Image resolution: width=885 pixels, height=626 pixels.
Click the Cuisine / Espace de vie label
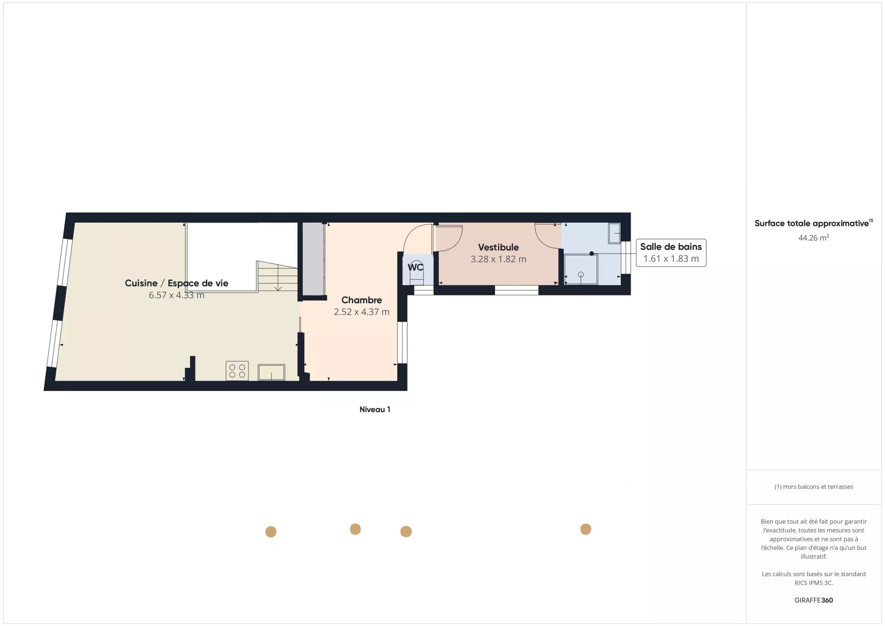(177, 283)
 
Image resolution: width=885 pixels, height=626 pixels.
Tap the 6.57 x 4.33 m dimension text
(177, 295)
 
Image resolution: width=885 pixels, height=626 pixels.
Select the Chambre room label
(361, 300)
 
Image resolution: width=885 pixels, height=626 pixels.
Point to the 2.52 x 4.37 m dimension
(361, 312)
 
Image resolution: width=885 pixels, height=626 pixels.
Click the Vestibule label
(498, 248)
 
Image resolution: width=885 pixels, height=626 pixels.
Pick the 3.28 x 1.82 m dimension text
(498, 259)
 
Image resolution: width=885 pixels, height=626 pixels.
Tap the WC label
(415, 267)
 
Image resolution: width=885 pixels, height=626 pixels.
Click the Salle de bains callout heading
(671, 247)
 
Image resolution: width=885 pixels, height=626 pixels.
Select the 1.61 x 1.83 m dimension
(671, 259)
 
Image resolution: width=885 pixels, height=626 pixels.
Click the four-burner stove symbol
(237, 371)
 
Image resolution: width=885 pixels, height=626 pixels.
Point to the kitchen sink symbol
(271, 372)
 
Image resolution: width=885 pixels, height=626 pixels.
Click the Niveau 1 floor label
(375, 409)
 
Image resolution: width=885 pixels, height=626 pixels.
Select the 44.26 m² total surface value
(814, 238)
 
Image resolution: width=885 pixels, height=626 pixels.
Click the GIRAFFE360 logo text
(814, 600)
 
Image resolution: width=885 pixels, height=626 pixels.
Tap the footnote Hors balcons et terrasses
(814, 487)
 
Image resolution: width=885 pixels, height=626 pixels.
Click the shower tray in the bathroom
(581, 269)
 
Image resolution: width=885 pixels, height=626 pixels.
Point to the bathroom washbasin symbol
(614, 233)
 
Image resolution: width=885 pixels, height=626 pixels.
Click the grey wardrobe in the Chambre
(313, 259)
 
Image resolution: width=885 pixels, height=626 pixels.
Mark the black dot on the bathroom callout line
(591, 254)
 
